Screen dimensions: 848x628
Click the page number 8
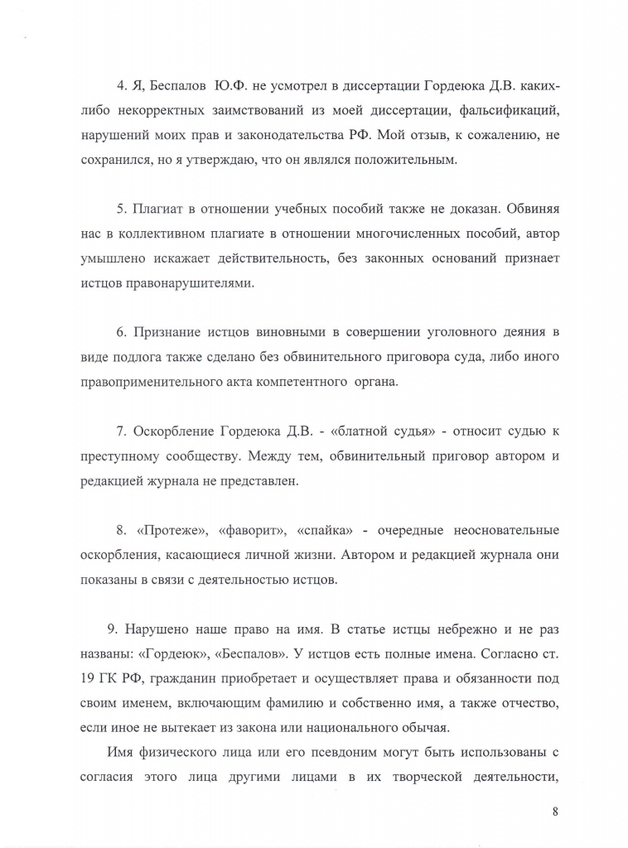click(554, 812)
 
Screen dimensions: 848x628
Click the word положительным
click(397, 159)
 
